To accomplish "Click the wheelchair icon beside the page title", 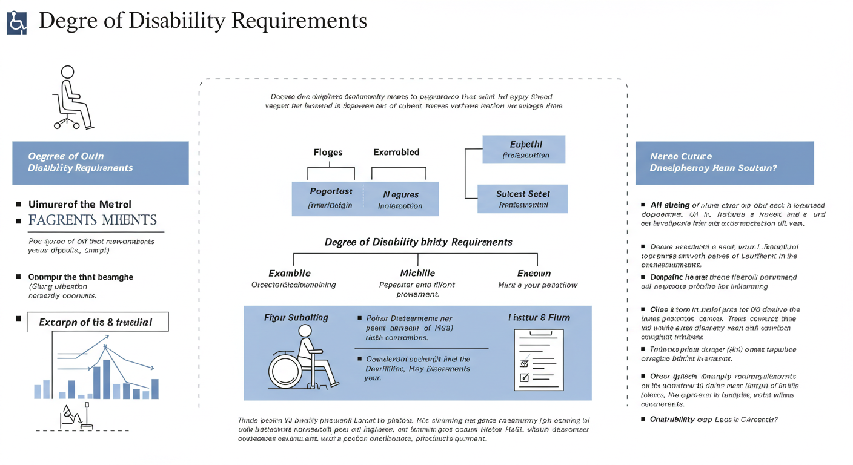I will [x=17, y=22].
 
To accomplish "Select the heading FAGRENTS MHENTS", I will [x=93, y=220].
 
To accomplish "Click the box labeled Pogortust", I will [x=327, y=198].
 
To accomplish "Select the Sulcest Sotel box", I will [x=523, y=199].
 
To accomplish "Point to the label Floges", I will [x=328, y=153].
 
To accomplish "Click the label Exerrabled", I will [x=396, y=153].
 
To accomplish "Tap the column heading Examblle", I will [x=290, y=273].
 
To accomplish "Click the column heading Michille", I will [x=417, y=273].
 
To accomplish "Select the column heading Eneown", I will [x=534, y=273].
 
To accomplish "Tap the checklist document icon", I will [x=538, y=359].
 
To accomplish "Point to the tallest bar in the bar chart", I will [x=106, y=379].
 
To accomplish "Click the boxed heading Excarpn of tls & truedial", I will [x=96, y=322].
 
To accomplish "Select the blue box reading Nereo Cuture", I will [x=724, y=162].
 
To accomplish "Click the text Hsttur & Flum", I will [x=539, y=317].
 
